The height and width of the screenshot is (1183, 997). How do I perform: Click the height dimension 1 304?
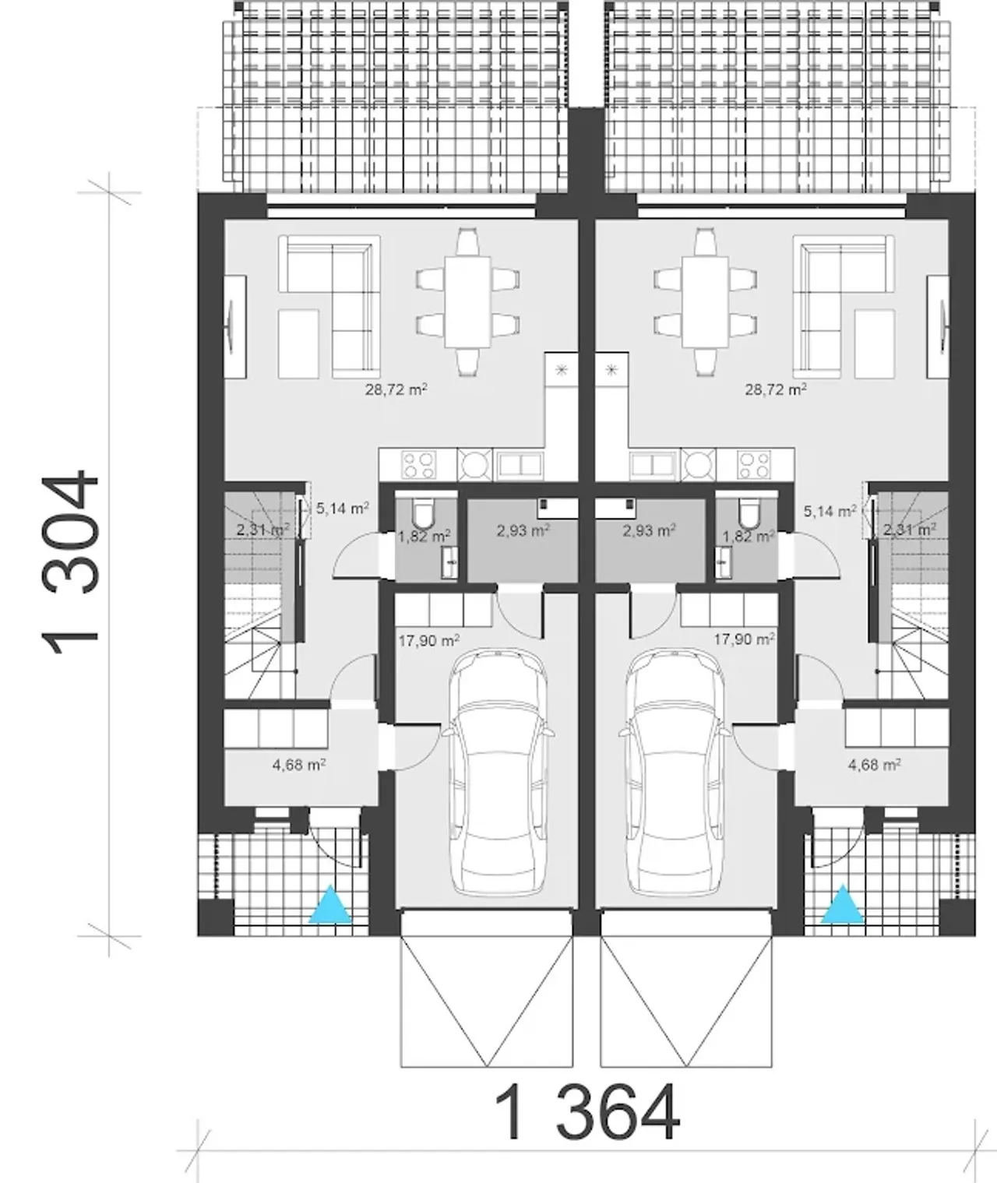[71, 562]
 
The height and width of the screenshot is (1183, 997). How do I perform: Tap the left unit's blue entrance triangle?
[330, 905]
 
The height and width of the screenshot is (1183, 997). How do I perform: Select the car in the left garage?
[498, 773]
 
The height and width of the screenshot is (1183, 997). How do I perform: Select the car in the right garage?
[675, 773]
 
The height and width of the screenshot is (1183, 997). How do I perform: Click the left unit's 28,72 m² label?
[396, 389]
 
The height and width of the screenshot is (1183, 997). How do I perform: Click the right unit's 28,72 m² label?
[775, 389]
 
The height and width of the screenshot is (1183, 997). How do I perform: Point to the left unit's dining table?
[467, 302]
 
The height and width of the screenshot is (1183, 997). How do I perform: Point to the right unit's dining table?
[705, 302]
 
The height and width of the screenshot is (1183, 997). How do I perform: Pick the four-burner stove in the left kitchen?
[419, 465]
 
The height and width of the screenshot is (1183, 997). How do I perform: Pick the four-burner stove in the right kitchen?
[754, 465]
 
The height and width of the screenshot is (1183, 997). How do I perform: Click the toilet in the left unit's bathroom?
[422, 513]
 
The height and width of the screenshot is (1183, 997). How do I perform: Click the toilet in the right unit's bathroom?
[750, 513]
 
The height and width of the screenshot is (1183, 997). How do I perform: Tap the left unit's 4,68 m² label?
[298, 765]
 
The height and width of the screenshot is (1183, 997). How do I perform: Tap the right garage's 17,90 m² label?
[744, 639]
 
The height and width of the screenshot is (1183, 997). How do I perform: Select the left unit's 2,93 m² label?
[523, 530]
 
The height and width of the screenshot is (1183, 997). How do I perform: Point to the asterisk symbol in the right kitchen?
[611, 371]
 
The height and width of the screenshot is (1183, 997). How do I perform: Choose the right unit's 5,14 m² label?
[830, 511]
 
